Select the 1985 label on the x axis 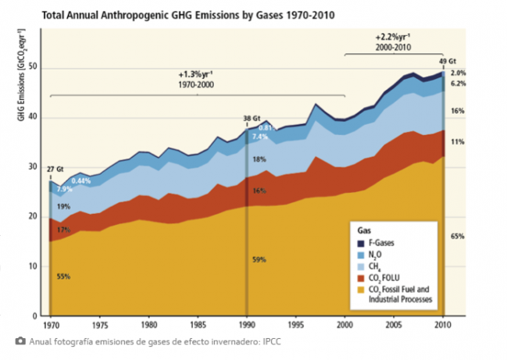198,324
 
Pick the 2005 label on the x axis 395,324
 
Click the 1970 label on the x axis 51,324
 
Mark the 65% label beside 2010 459,234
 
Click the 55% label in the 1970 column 62,276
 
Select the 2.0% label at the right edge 459,73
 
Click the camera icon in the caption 20,340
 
